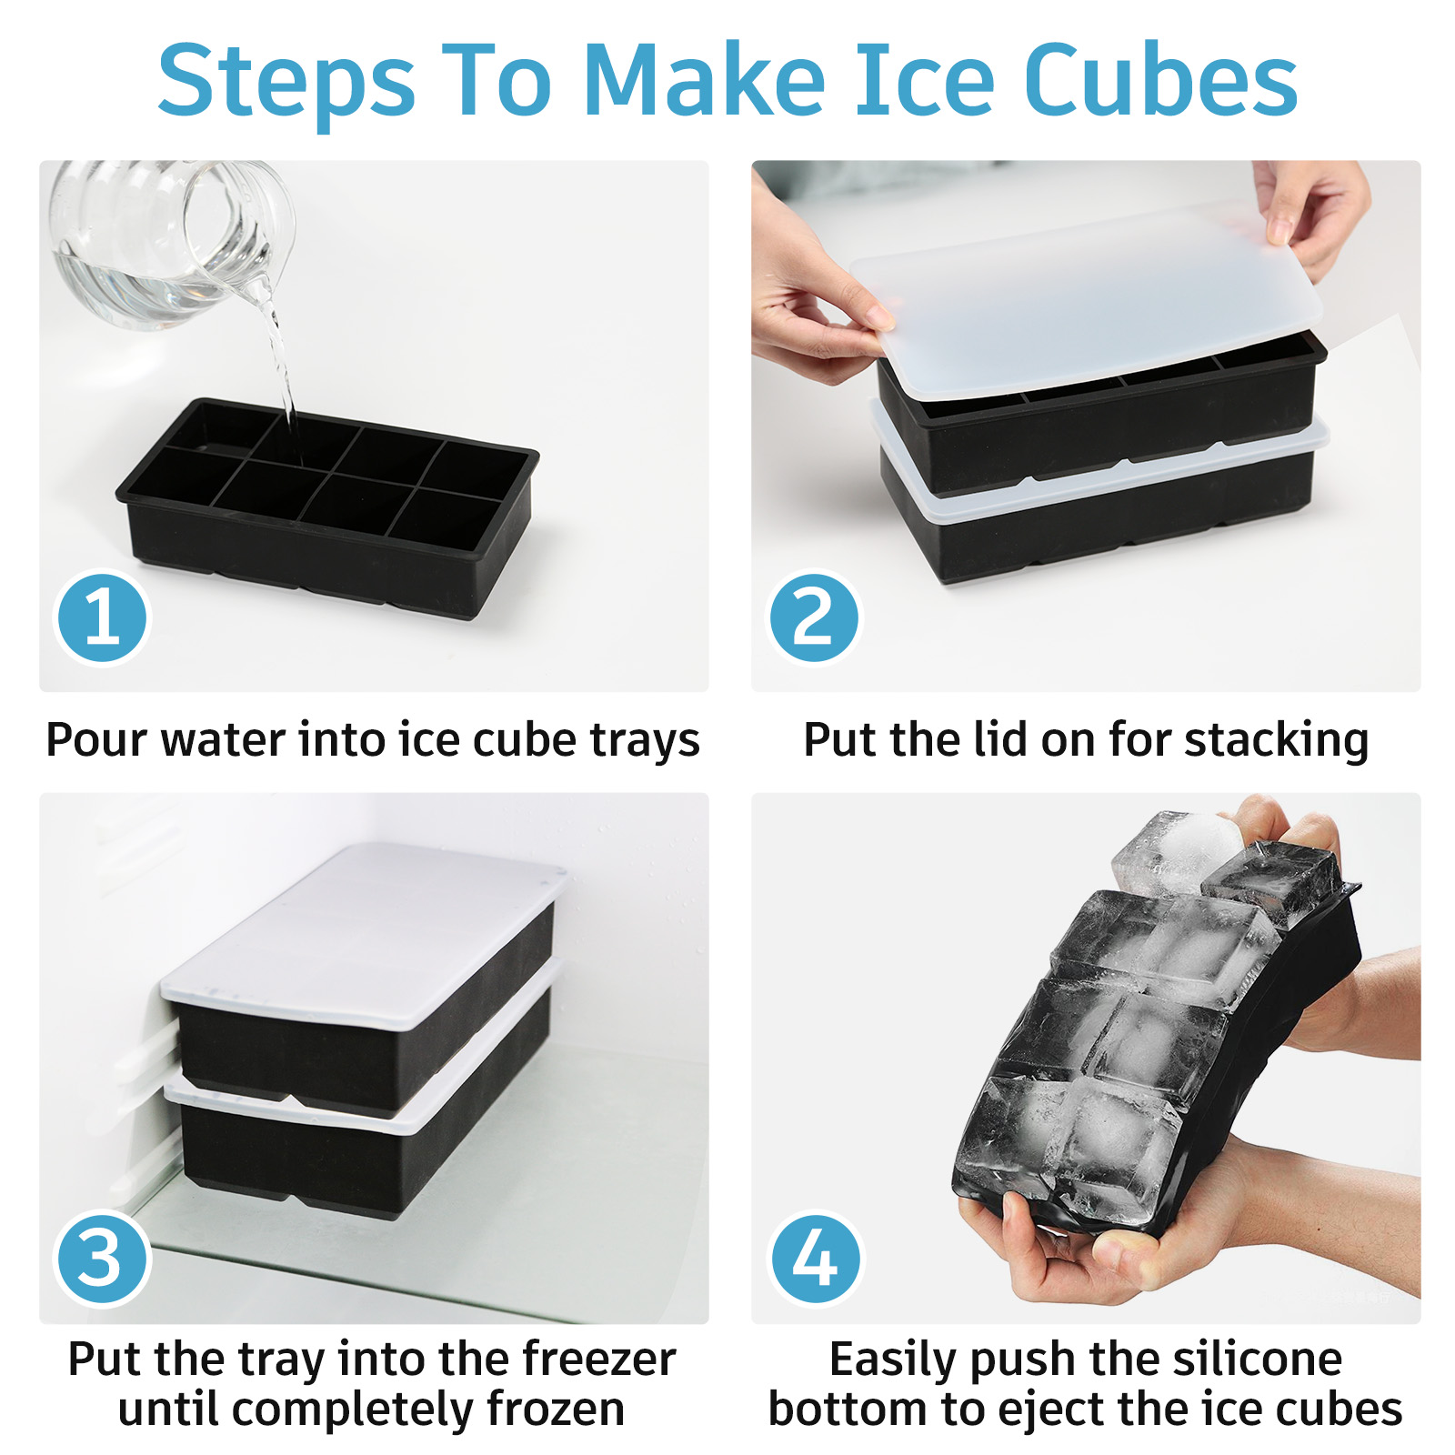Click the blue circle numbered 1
click(x=102, y=617)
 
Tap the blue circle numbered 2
click(x=814, y=617)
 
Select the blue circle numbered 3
click(x=102, y=1259)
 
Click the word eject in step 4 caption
click(x=1052, y=1411)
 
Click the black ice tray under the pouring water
click(x=327, y=507)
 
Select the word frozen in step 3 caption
click(x=556, y=1410)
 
